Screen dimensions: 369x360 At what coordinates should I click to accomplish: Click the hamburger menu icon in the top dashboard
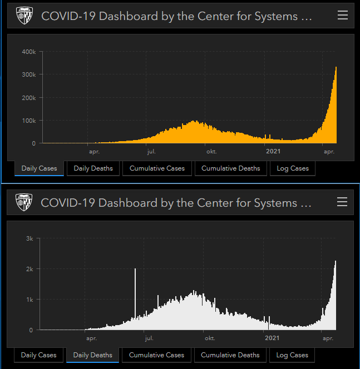(x=343, y=15)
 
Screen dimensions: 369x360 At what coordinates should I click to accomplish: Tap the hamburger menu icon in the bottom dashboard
(x=342, y=202)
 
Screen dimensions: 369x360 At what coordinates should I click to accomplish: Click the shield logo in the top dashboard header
(x=24, y=16)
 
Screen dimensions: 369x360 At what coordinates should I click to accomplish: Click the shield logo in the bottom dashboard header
(x=24, y=202)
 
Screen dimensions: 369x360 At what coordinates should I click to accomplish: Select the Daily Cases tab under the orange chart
(x=39, y=168)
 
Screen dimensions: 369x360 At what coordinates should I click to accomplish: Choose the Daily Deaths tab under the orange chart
(x=93, y=168)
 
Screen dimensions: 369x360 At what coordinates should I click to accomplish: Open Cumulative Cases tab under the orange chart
(x=157, y=168)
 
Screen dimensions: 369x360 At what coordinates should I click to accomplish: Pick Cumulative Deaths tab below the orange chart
(x=230, y=168)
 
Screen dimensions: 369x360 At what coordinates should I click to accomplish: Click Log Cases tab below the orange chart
(x=293, y=168)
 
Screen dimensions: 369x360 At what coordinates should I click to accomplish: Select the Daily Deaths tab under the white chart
(x=93, y=355)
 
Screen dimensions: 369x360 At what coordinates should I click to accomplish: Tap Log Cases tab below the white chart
(x=292, y=355)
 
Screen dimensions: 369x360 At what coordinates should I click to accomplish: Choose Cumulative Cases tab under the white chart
(x=156, y=355)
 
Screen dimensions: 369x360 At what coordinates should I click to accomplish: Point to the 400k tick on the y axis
(x=29, y=52)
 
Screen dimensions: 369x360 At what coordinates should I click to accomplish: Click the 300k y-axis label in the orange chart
(x=29, y=74)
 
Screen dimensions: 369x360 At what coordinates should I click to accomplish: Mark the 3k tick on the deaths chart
(x=30, y=238)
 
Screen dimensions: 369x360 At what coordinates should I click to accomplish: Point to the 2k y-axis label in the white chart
(x=30, y=269)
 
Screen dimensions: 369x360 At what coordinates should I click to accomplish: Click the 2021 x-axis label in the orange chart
(x=273, y=151)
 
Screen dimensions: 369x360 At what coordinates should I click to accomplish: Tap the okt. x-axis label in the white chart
(x=210, y=337)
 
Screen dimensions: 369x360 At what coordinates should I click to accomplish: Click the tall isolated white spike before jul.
(x=135, y=295)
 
